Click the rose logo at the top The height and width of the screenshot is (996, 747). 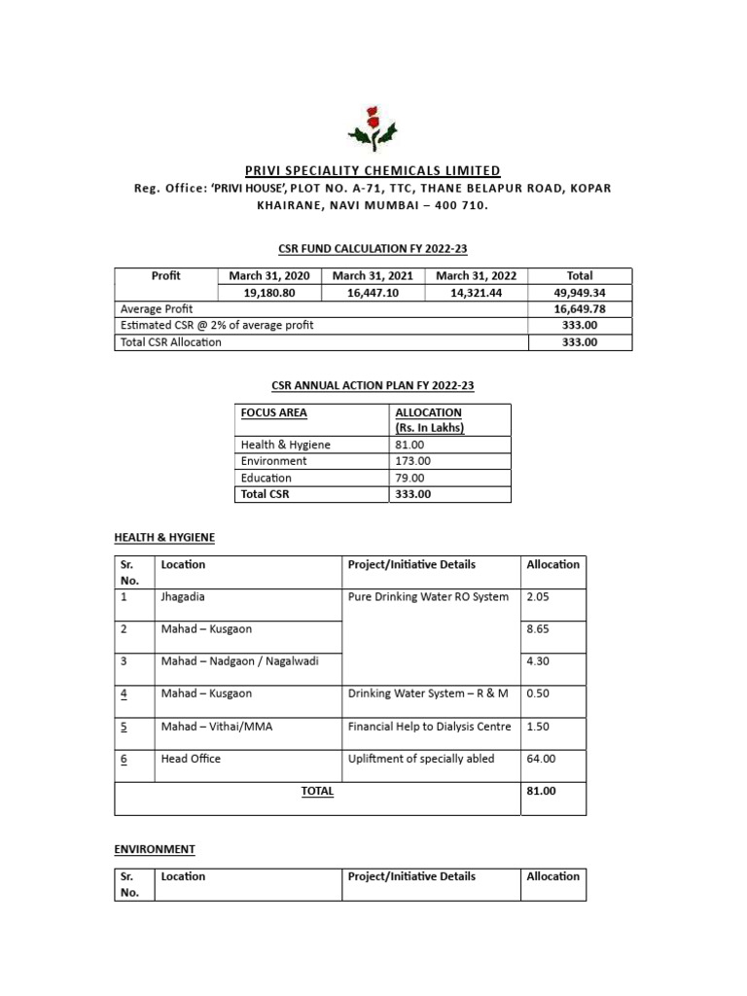click(x=373, y=125)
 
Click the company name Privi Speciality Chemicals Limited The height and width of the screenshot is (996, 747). click(x=373, y=170)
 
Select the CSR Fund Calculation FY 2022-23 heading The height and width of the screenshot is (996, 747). click(x=373, y=249)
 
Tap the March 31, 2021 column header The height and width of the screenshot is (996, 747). click(x=373, y=276)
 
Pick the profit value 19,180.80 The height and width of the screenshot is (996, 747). click(x=267, y=293)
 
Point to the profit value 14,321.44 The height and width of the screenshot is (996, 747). click(x=477, y=293)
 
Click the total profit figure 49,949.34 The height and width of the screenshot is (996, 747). click(x=579, y=293)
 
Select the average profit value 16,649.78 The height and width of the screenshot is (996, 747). click(x=579, y=308)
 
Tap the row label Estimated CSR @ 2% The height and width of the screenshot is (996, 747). click(x=217, y=325)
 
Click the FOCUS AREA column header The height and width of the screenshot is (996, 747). click(x=274, y=412)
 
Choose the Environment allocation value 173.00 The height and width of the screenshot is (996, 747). click(x=412, y=461)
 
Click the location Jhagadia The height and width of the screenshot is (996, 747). click(x=185, y=596)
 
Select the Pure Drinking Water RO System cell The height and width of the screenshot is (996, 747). click(x=428, y=596)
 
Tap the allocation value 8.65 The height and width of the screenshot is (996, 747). click(x=538, y=629)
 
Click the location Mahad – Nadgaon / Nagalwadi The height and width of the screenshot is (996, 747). click(x=238, y=661)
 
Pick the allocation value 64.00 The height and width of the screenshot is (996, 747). click(x=541, y=759)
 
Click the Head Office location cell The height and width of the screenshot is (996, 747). click(x=191, y=759)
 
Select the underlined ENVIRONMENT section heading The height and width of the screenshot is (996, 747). click(x=155, y=849)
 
